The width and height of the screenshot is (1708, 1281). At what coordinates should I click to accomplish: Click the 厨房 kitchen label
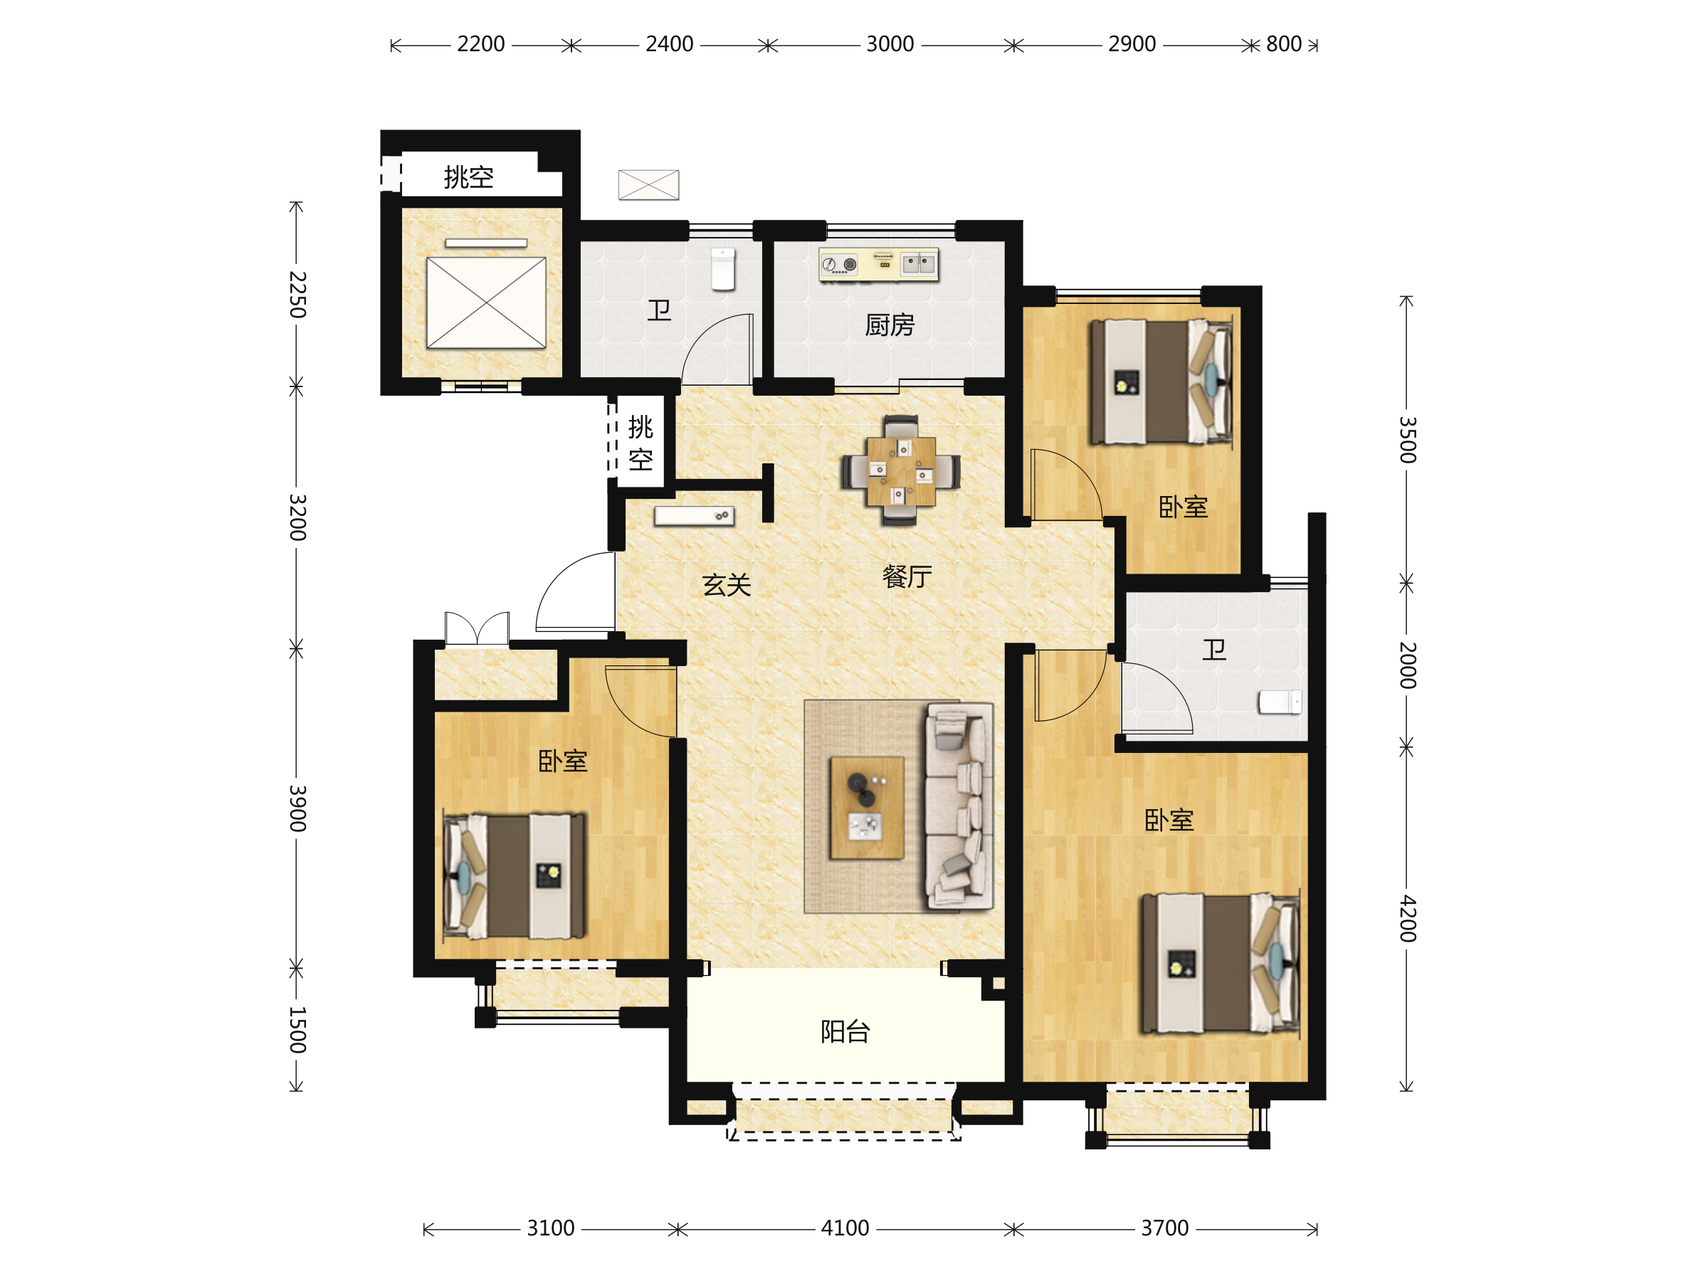point(890,325)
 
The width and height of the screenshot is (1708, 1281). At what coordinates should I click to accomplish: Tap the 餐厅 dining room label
point(907,576)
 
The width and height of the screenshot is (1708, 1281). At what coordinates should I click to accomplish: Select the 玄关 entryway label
point(727,584)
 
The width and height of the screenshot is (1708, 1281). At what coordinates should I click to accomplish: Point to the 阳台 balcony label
point(845,1030)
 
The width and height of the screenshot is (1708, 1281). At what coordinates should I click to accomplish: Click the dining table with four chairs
point(901,471)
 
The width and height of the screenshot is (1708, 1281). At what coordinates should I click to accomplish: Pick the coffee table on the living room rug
point(867,808)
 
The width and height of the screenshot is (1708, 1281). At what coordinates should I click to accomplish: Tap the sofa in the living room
point(959,806)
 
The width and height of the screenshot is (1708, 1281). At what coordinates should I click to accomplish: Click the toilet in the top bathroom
point(723,269)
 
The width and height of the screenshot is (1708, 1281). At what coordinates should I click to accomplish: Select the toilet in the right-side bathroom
point(1280,702)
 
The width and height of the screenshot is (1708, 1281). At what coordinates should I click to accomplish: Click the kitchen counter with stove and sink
point(879,264)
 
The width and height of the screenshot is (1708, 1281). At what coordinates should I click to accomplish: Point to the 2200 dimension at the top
point(481,44)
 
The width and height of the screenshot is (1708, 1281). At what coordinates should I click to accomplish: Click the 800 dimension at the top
point(1283,44)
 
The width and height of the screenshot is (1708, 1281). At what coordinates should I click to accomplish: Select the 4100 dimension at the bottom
point(845,1228)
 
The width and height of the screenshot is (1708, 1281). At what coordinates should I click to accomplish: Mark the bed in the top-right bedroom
point(1161,382)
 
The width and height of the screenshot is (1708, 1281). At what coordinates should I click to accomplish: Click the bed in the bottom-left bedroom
point(515,875)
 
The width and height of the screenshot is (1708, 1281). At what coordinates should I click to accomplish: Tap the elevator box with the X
point(487,302)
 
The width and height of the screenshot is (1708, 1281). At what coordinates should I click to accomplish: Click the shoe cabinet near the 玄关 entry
point(694,516)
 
